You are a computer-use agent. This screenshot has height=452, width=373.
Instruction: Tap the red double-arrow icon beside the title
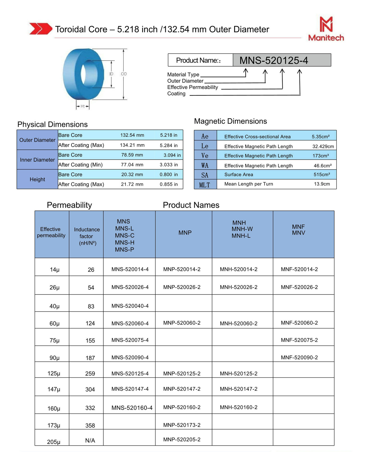[40, 29]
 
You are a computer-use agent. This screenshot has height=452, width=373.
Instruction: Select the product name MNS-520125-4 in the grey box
[274, 60]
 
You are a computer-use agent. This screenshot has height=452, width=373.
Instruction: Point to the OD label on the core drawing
[124, 74]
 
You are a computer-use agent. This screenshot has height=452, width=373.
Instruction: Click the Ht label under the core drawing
[83, 106]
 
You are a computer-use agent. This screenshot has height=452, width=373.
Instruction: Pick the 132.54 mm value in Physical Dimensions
[132, 135]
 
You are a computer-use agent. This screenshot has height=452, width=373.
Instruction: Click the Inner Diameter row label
[37, 160]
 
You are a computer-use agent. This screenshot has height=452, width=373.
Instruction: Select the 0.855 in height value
[169, 184]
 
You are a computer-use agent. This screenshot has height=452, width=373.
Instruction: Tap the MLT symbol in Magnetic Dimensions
[205, 185]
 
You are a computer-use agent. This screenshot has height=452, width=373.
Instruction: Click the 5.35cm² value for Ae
[321, 136]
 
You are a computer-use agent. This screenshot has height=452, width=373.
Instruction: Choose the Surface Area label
[239, 175]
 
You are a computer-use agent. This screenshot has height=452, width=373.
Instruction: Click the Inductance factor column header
[87, 236]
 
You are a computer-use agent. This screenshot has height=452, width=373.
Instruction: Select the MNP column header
[185, 233]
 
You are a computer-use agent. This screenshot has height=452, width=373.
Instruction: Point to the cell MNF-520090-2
[299, 357]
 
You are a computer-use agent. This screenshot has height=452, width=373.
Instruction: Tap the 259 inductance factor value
[90, 374]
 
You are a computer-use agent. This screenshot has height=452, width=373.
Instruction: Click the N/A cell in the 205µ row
[90, 441]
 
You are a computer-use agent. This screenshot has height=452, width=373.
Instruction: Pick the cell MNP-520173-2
[182, 425]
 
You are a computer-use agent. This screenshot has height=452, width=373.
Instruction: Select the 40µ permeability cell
[54, 306]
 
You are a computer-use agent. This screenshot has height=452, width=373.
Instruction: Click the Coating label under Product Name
[176, 94]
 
